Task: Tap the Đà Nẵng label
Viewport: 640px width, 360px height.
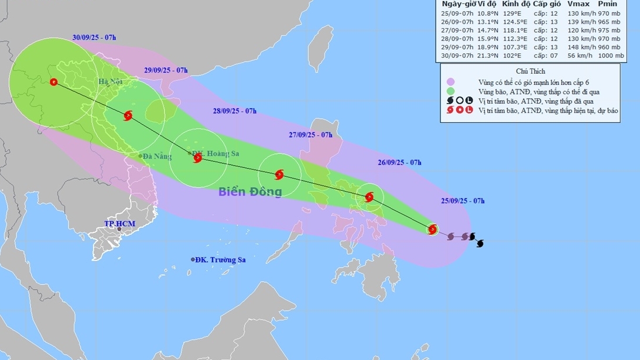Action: pyautogui.click(x=156, y=156)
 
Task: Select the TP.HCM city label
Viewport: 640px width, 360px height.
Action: pyautogui.click(x=116, y=224)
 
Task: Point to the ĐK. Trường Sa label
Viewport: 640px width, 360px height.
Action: pyautogui.click(x=220, y=260)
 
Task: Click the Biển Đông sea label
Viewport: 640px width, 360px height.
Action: pyautogui.click(x=250, y=191)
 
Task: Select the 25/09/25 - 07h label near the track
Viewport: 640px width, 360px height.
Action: pyautogui.click(x=463, y=201)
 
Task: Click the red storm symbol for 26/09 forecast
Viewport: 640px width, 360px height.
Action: pyautogui.click(x=369, y=197)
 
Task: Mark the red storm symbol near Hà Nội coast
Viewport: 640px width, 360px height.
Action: pyautogui.click(x=128, y=115)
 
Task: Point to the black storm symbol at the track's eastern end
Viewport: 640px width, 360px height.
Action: pyautogui.click(x=480, y=243)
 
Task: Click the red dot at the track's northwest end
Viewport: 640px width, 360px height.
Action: pyautogui.click(x=54, y=83)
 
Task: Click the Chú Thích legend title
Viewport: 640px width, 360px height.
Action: pyautogui.click(x=530, y=71)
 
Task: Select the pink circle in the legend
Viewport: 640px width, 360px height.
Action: pyautogui.click(x=450, y=82)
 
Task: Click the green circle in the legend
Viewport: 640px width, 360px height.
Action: pyautogui.click(x=450, y=91)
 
